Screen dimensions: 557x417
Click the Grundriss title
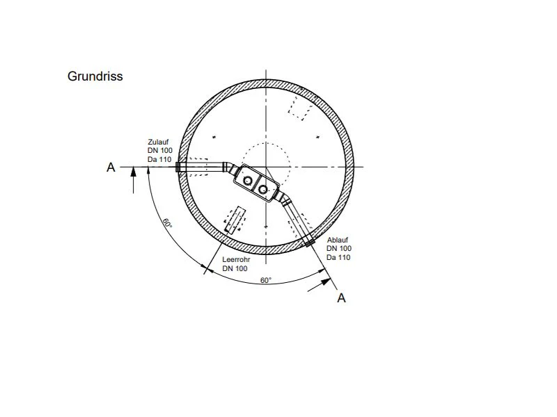(95, 76)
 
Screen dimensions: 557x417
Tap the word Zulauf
(158, 142)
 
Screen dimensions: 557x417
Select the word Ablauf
(338, 240)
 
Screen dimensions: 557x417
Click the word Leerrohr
(236, 259)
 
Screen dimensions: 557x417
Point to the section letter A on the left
(111, 167)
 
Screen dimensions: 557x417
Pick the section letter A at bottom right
(341, 298)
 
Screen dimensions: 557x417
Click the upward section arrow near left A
(134, 180)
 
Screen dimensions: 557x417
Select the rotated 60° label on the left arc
(167, 223)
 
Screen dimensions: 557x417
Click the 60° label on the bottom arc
(266, 280)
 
